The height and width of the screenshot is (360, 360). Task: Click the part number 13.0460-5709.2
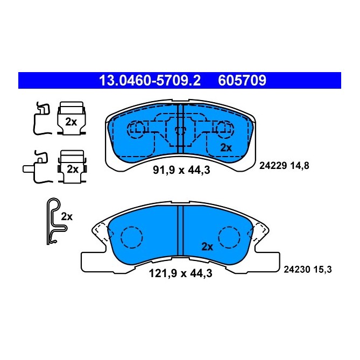click(150, 81)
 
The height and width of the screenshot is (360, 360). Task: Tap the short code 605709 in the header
click(242, 81)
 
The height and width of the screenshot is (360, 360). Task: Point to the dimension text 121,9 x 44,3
click(180, 273)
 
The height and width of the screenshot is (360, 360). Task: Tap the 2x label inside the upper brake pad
click(225, 147)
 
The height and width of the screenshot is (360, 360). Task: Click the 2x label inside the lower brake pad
click(207, 246)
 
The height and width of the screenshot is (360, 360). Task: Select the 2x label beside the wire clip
click(67, 216)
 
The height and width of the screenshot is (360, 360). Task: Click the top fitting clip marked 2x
click(71, 118)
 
